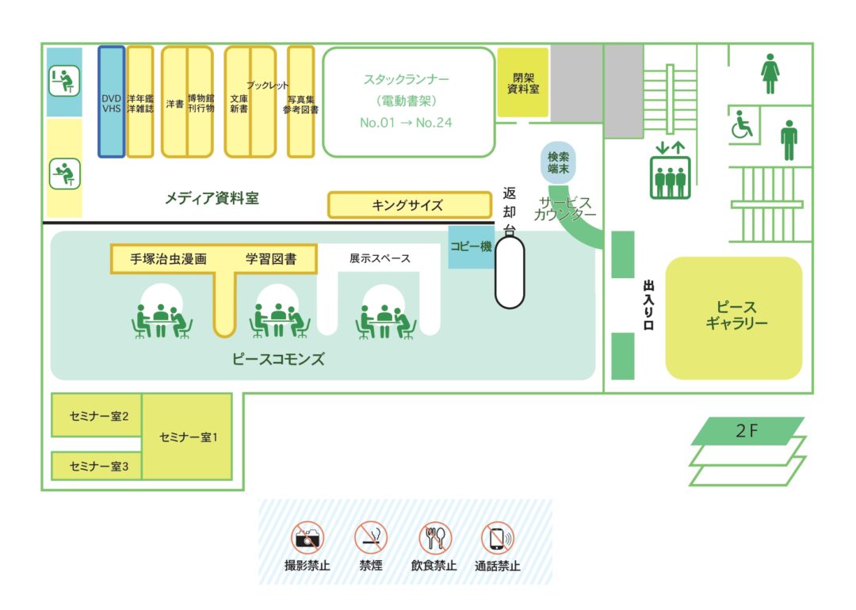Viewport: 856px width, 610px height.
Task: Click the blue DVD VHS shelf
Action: (111, 101)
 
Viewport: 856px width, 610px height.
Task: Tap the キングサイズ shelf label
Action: (409, 205)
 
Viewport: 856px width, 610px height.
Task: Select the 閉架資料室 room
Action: (523, 82)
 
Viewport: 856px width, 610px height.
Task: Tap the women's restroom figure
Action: (770, 74)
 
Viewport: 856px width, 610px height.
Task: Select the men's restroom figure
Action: (788, 140)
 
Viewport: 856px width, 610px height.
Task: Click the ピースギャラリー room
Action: (734, 317)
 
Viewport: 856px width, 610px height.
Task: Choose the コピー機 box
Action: (471, 246)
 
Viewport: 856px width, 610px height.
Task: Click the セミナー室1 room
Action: (188, 437)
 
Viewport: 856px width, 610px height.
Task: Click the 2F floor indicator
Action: (747, 431)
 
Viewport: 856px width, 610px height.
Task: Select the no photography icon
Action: (308, 538)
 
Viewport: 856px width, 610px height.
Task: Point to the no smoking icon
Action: (371, 538)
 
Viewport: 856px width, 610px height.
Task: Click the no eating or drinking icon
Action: (434, 538)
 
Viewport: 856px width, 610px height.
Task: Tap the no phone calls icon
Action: (498, 538)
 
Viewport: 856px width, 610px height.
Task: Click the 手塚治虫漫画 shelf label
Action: (168, 258)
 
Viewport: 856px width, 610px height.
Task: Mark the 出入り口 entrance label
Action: (648, 304)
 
